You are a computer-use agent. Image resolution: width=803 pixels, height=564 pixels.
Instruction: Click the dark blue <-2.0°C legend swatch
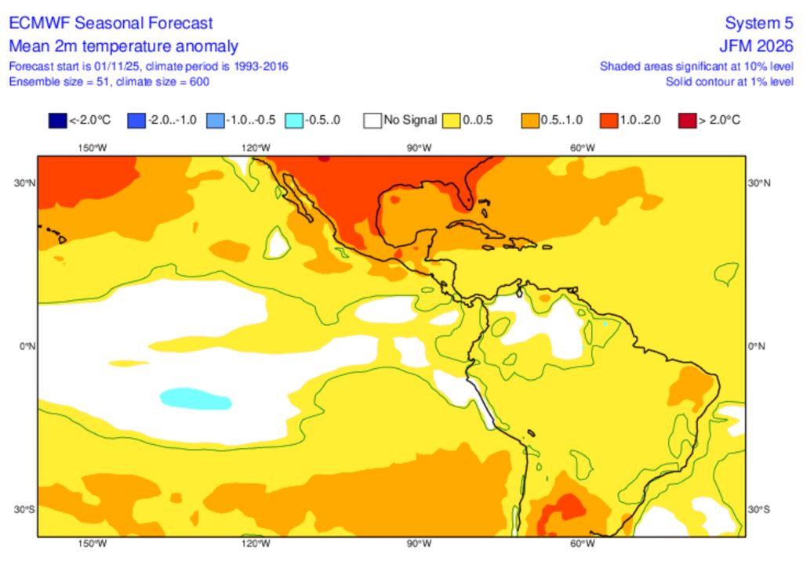pyautogui.click(x=57, y=121)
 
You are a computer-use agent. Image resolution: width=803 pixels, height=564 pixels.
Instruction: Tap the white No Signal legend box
pyautogui.click(x=372, y=121)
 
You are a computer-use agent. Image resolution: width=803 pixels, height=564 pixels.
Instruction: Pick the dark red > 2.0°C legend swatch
pyautogui.click(x=688, y=121)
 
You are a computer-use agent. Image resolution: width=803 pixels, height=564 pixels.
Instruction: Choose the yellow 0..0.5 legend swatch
pyautogui.click(x=452, y=121)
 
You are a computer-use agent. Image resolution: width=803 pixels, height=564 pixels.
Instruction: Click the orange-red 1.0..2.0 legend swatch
pyautogui.click(x=609, y=121)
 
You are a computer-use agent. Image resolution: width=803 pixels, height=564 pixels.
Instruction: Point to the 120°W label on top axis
pyautogui.click(x=256, y=147)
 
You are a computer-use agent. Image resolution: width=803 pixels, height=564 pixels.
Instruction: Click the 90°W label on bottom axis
pyautogui.click(x=419, y=544)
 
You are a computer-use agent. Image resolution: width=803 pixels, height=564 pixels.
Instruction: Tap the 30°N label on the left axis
pyautogui.click(x=25, y=183)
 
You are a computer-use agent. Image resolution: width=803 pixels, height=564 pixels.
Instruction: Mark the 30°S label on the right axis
pyautogui.click(x=758, y=509)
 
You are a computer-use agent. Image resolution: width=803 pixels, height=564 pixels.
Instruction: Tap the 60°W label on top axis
pyautogui.click(x=582, y=147)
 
